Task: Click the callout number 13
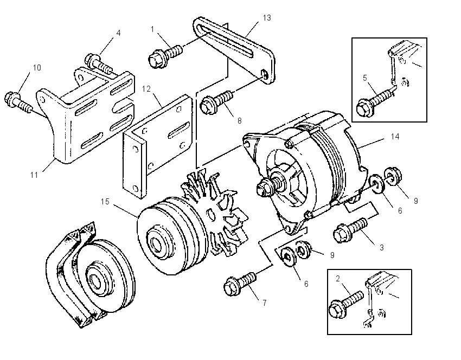coord(267,18)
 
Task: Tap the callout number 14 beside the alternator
coord(395,137)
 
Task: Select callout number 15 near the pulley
coord(105,202)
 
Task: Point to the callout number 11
coord(34,175)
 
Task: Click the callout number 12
coord(146,89)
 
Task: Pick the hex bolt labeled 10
coord(18,102)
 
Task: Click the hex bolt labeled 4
coord(99,63)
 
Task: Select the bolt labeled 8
coord(216,102)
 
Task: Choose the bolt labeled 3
coord(350,230)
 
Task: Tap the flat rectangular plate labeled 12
coord(158,146)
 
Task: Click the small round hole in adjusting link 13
coord(265,74)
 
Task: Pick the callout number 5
coord(365,78)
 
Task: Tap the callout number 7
coord(265,303)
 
